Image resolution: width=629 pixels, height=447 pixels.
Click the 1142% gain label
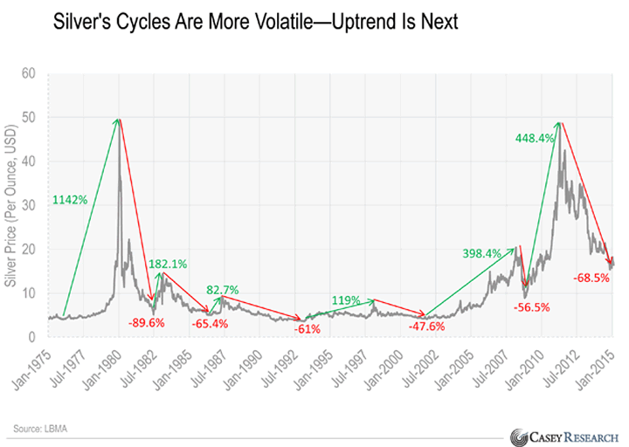coord(70,200)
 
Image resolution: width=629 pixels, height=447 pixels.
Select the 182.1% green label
coord(169,263)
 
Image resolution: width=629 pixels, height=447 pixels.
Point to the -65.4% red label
coord(210,323)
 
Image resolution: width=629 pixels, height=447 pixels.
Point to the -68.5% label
coord(591,278)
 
